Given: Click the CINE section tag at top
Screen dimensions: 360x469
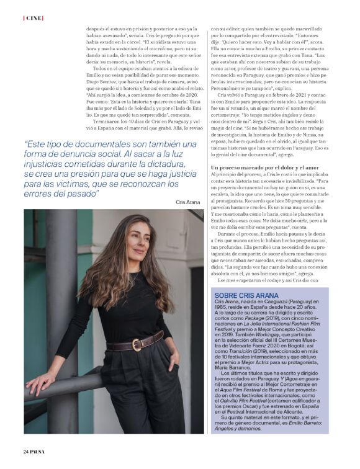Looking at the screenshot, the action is [x=33, y=18].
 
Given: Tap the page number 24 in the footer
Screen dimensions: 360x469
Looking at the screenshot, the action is [x=27, y=450].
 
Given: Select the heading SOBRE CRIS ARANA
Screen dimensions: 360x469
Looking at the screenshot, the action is [x=245, y=295].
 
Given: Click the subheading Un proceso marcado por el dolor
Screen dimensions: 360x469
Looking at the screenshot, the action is [x=266, y=168].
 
